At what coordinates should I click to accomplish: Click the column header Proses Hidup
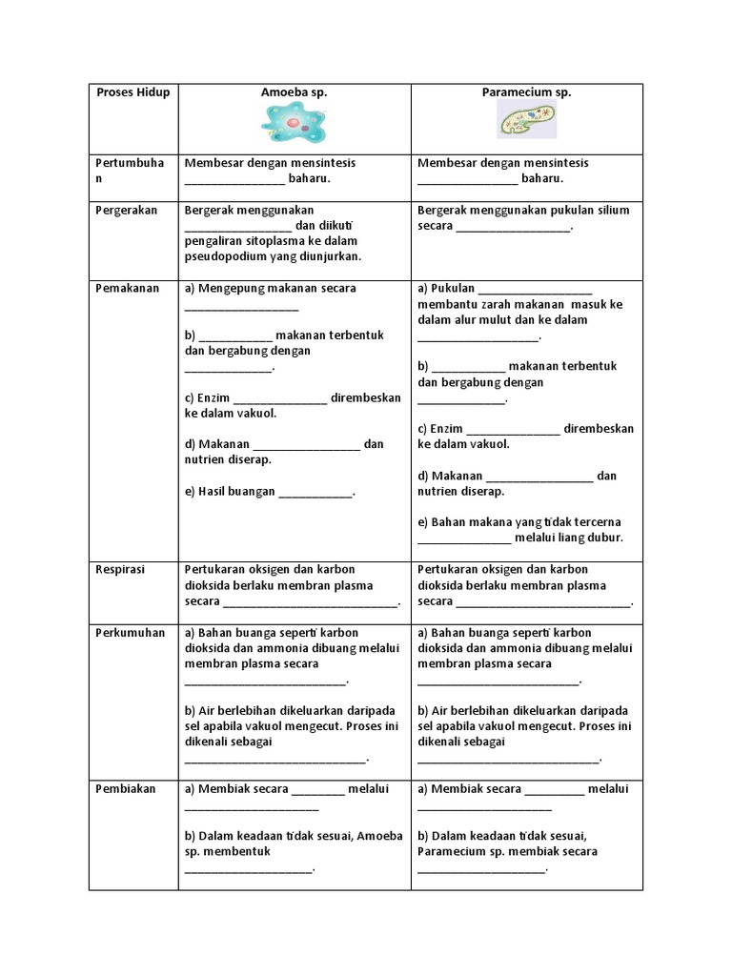133,92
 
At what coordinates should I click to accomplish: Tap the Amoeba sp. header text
294,92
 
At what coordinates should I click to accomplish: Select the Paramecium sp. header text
526,92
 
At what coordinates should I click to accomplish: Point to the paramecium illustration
526,122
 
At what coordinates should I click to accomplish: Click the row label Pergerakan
127,210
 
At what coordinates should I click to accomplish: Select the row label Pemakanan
127,288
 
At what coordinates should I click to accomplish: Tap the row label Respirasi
121,569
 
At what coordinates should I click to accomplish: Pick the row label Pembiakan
126,788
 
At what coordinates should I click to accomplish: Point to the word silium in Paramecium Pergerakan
610,210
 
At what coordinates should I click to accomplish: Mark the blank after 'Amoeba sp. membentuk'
248,868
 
